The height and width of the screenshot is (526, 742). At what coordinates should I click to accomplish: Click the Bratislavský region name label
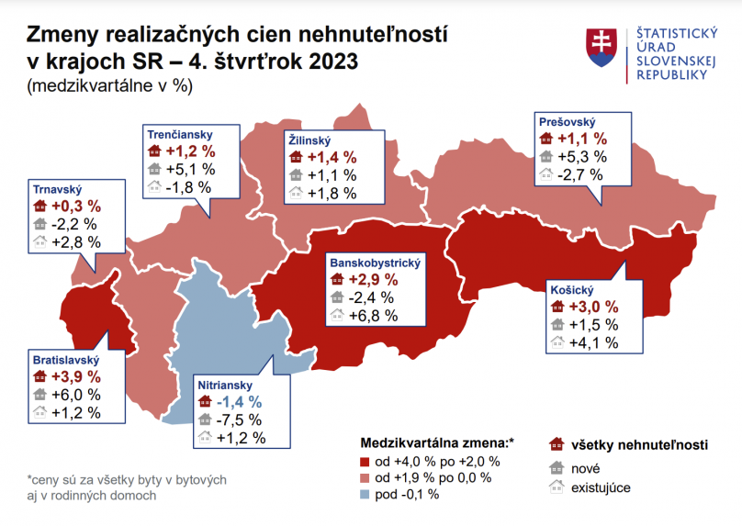point(65,361)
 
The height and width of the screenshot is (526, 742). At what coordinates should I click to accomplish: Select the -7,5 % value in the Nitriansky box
point(242,420)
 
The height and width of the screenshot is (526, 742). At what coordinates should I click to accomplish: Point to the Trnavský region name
point(58,189)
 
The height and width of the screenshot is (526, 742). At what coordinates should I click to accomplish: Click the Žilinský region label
point(309,140)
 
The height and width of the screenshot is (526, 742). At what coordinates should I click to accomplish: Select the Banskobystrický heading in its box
point(375,263)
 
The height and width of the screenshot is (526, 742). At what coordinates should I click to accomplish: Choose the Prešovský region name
point(568,122)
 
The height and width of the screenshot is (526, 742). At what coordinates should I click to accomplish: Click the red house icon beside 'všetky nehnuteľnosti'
point(555,445)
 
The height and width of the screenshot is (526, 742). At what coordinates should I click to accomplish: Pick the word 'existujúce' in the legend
point(601,487)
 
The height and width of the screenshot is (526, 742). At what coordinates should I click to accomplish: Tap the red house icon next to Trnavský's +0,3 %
point(39,207)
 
